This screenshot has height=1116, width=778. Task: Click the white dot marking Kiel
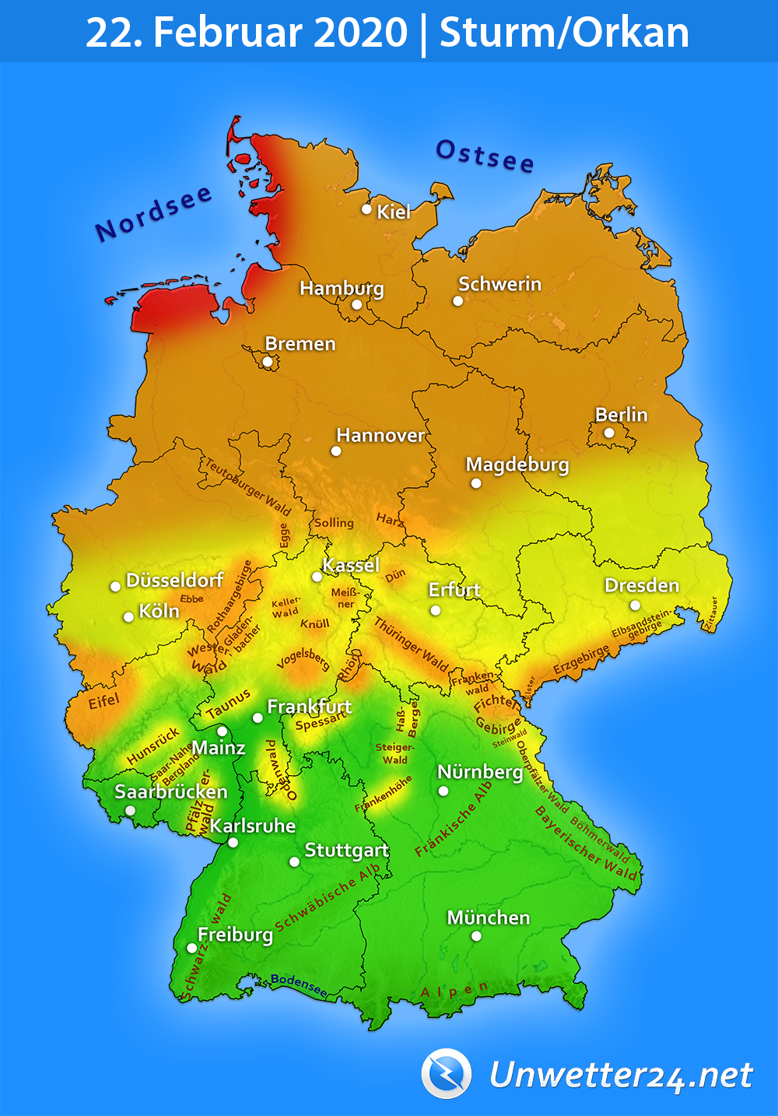pos(366,209)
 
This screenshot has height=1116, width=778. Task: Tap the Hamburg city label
pos(342,288)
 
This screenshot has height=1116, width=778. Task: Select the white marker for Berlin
pos(609,433)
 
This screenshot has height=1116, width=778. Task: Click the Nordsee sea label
pos(153,212)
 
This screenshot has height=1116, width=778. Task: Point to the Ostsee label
pos(485,156)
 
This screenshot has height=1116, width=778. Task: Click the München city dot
pos(476,936)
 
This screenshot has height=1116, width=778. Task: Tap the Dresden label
pos(642,585)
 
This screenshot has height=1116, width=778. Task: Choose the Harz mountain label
pos(390,519)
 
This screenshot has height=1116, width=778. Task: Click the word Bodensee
pos(300,984)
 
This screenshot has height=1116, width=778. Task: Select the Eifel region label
pos(103,702)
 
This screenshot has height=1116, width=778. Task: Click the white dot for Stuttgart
pos(294,862)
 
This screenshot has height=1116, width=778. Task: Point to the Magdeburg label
pos(517,465)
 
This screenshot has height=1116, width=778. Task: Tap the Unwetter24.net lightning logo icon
pos(447,1074)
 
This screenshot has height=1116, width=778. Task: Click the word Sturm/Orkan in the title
pos(564,33)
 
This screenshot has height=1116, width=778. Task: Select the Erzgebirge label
pos(581,661)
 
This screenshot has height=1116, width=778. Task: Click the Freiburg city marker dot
pos(192,948)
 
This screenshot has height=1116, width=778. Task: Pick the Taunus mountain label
pos(228,704)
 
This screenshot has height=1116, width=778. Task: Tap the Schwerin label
pos(499,284)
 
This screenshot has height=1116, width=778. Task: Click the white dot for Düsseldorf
pos(115,586)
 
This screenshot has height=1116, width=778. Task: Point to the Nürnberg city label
pos(480,772)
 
